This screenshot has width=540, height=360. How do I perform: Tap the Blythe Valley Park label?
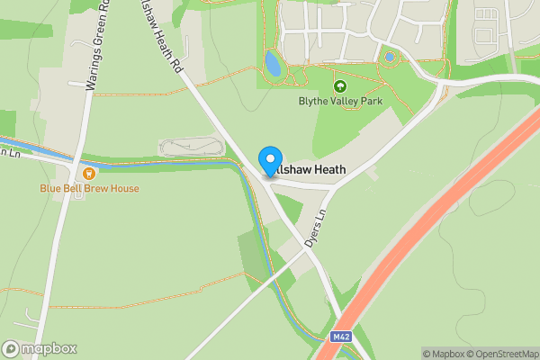click(340, 102)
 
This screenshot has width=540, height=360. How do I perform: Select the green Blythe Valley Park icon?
click(340, 86)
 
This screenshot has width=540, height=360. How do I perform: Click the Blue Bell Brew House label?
click(89, 189)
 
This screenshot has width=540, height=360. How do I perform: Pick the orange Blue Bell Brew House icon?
click(88, 174)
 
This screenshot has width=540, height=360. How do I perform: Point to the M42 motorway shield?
click(340, 337)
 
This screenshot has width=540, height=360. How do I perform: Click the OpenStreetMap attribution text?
click(502, 354)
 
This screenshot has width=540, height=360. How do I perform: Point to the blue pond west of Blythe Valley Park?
click(272, 63)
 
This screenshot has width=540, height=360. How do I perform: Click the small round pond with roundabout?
click(390, 58)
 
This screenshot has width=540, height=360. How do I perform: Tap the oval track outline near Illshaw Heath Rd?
click(190, 148)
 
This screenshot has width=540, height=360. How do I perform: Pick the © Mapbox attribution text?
click(443, 354)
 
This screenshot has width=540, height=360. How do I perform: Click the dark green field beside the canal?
click(254, 252)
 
